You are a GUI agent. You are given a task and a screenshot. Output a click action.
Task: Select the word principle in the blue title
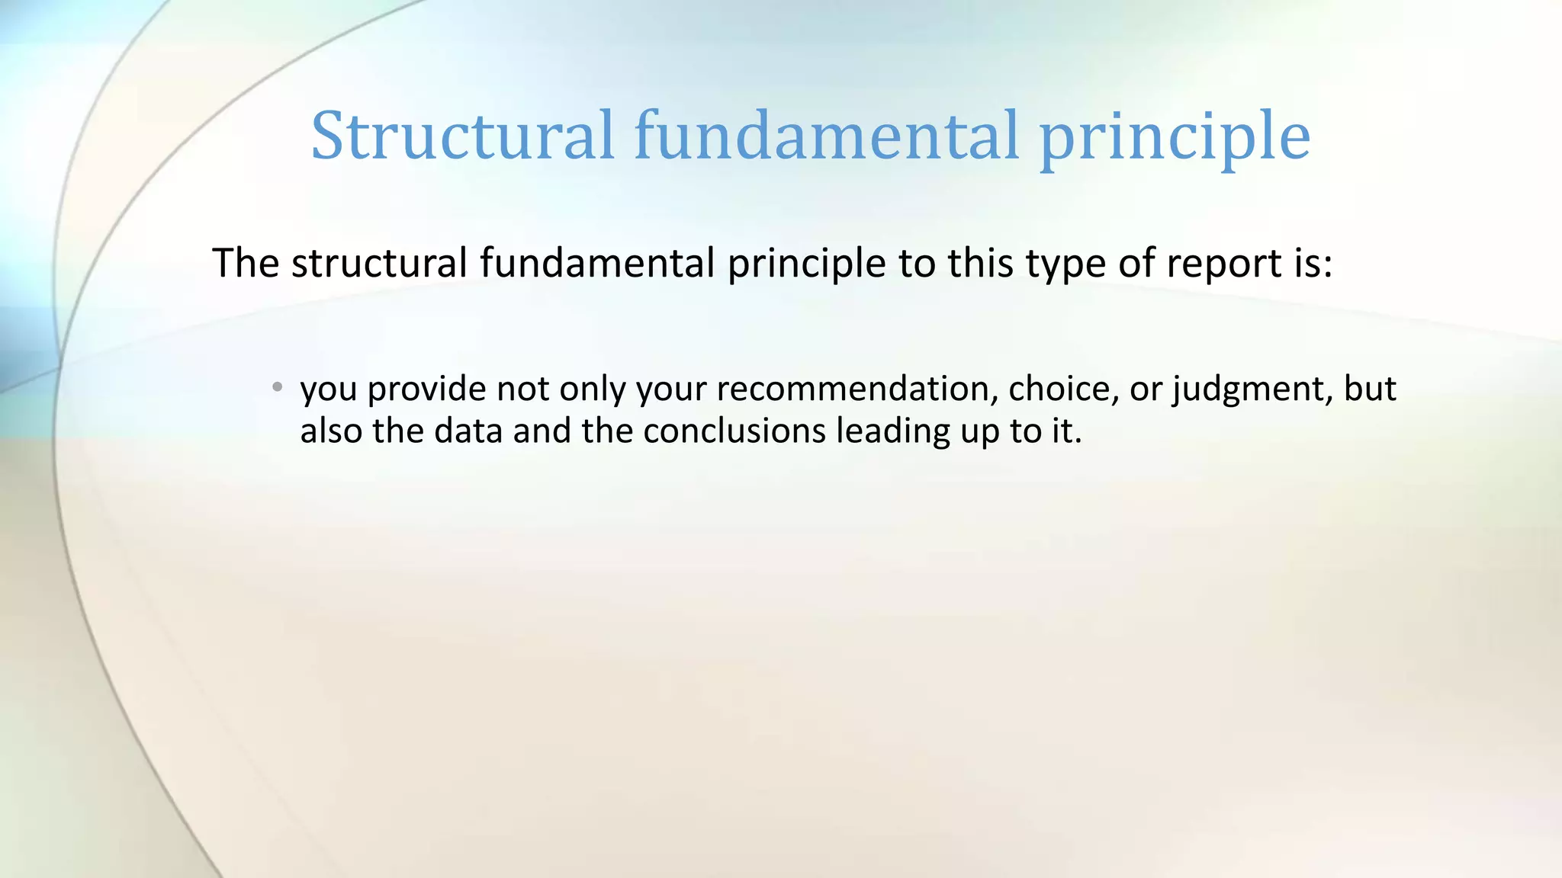pyautogui.click(x=1175, y=139)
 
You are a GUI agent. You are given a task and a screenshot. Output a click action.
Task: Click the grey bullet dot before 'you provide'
pyautogui.click(x=278, y=387)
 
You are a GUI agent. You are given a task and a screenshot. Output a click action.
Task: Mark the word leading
pyautogui.click(x=892, y=432)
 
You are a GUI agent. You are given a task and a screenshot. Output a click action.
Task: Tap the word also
pyautogui.click(x=330, y=431)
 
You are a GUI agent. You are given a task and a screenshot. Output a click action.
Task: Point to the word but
pyautogui.click(x=1370, y=389)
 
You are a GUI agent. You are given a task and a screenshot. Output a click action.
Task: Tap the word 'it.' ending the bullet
pyautogui.click(x=1067, y=431)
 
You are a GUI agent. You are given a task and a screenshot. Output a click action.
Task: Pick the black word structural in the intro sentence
pyautogui.click(x=379, y=264)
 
